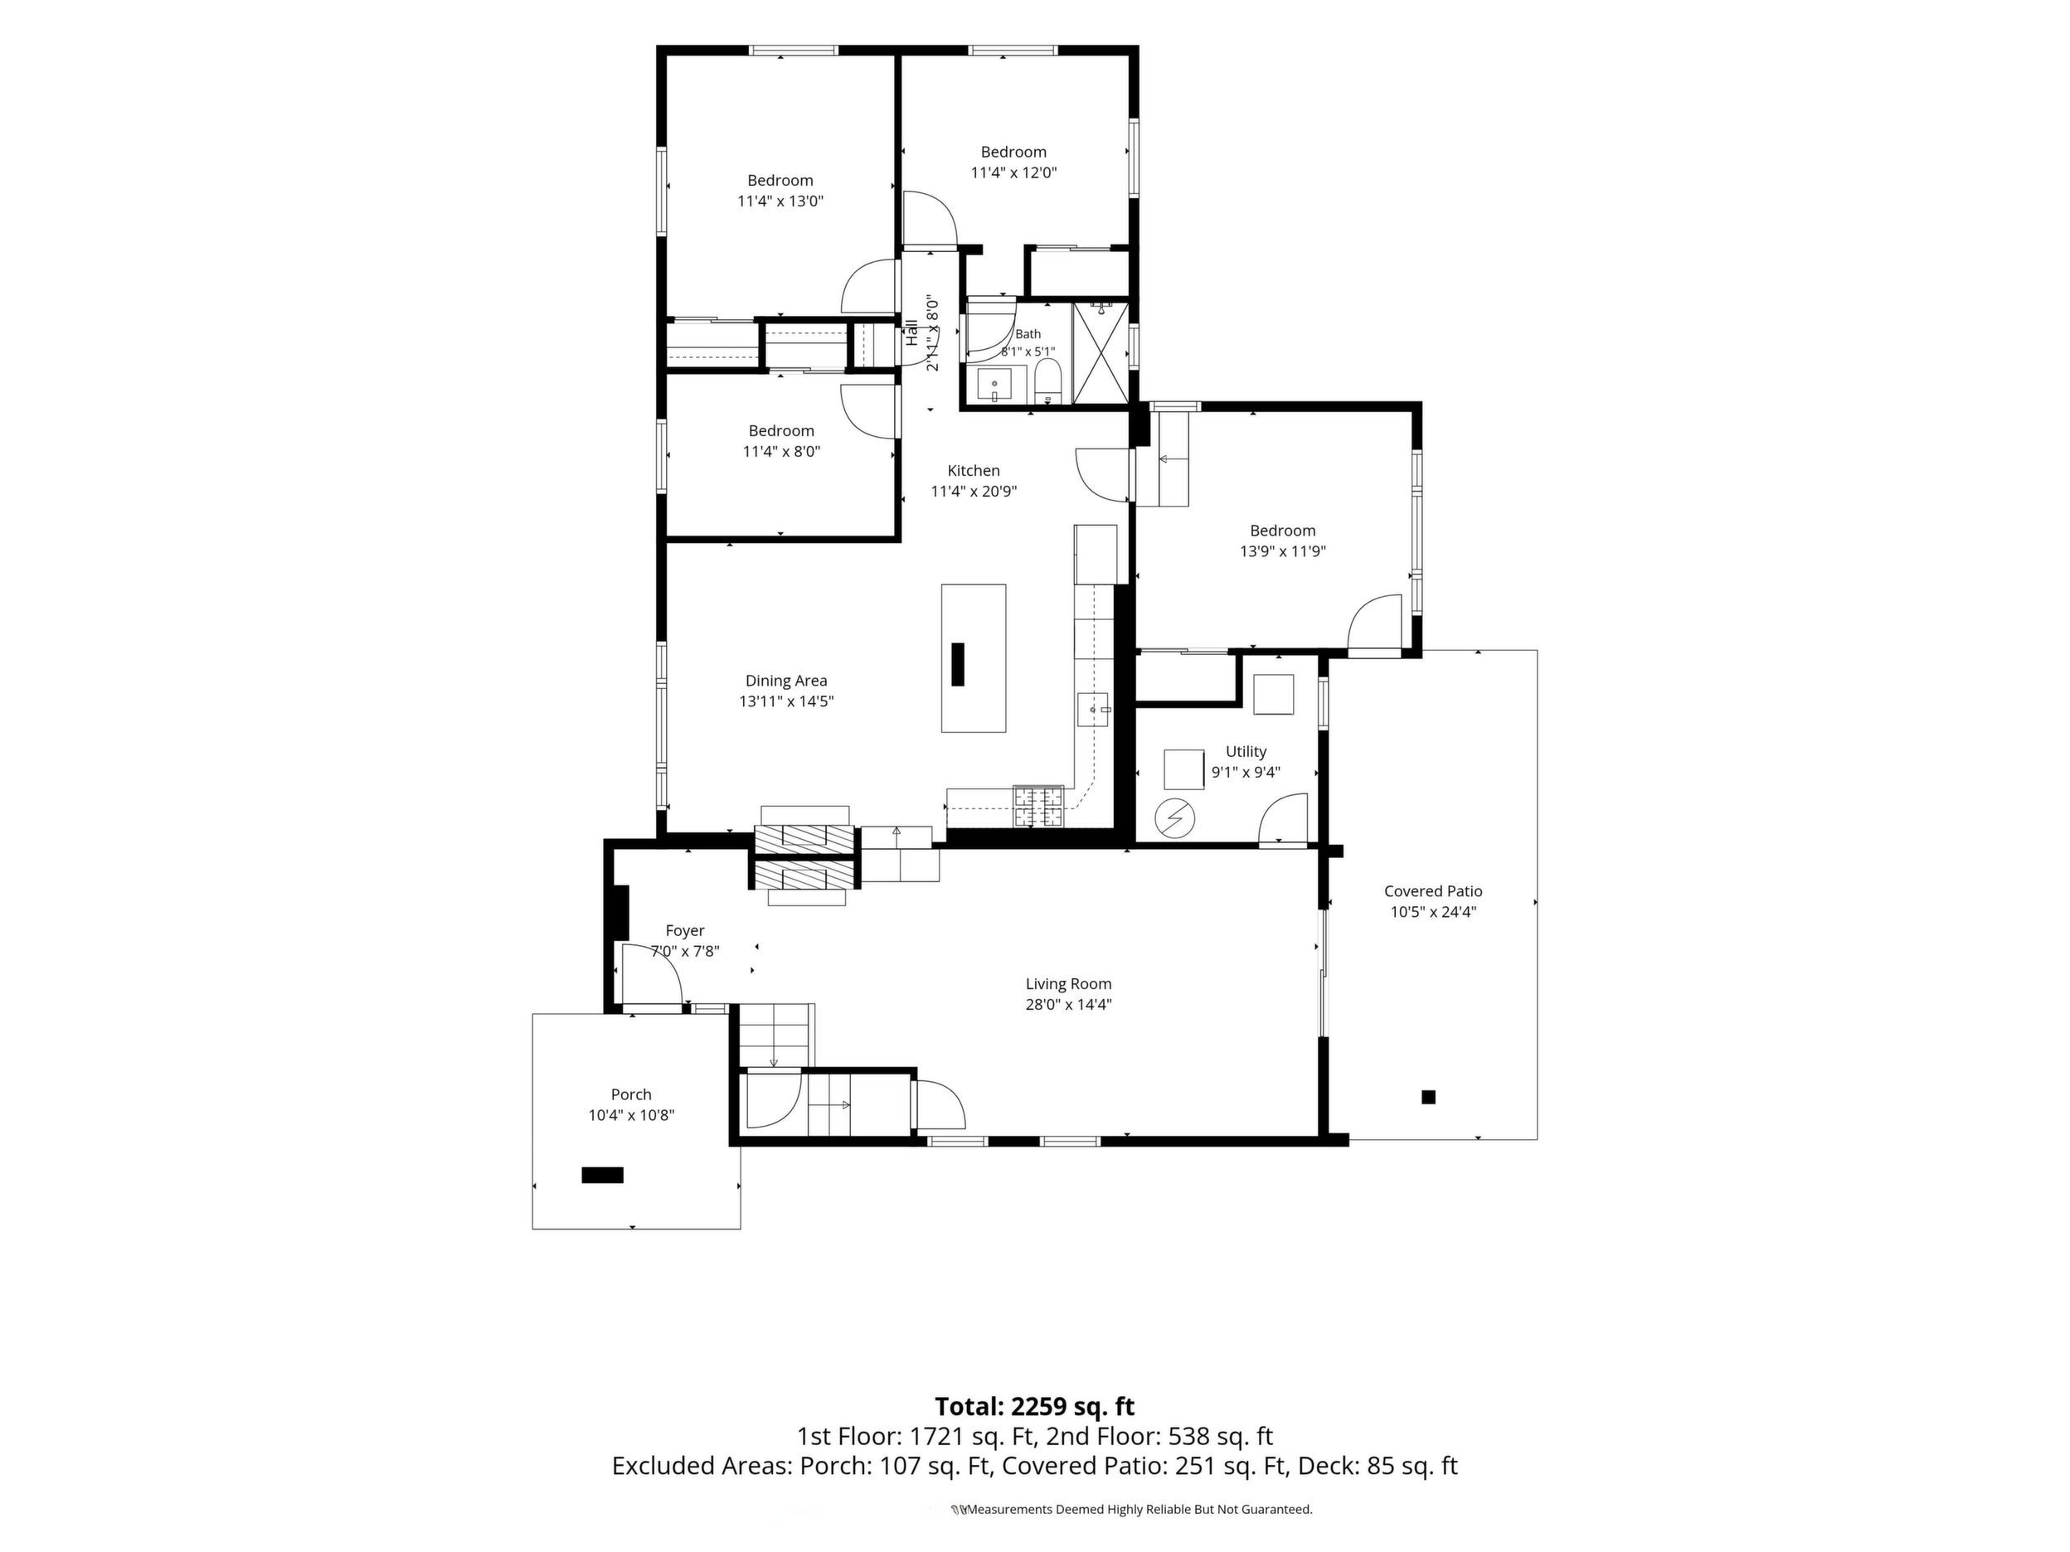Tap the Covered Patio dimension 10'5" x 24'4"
[x=1433, y=912]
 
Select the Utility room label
[x=1246, y=751]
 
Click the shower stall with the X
[x=1101, y=352]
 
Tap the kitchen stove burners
[x=1039, y=808]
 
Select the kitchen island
[x=974, y=658]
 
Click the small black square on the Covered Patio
[x=1428, y=1098]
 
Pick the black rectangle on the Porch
[x=603, y=1176]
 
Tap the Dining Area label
[x=786, y=681]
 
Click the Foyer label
[x=685, y=931]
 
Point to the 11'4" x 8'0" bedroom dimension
[x=781, y=451]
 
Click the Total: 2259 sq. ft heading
[x=1035, y=1407]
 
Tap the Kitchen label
[x=974, y=471]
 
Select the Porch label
[x=632, y=1094]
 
